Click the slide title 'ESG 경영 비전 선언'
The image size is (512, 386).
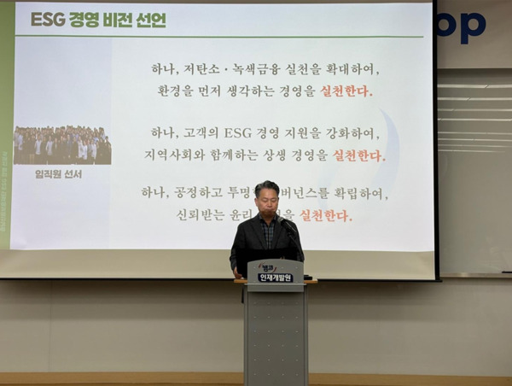[98, 20]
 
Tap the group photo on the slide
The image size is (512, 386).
[62, 145]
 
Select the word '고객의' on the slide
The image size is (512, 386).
[202, 133]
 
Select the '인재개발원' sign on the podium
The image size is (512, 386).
[275, 278]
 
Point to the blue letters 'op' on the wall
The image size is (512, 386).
[461, 26]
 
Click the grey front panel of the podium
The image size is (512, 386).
[275, 337]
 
